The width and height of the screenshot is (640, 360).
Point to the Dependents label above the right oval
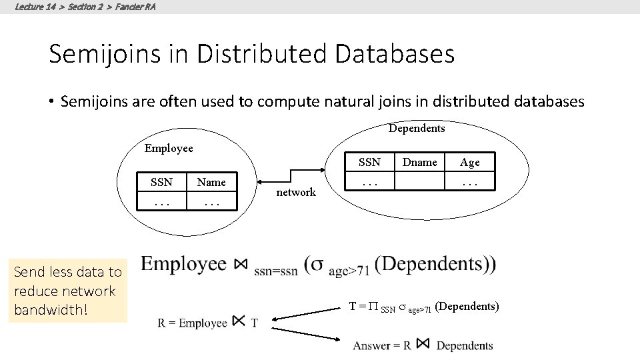pos(417,128)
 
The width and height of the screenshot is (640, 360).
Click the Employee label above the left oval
pos(169,148)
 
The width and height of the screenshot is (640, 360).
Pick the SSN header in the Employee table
pos(161,182)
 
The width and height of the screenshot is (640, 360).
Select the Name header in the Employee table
pos(211,182)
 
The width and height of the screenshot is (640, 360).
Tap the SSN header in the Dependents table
pos(369,162)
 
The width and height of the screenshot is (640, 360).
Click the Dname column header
pos(420,162)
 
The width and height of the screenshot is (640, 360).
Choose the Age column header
pos(469,162)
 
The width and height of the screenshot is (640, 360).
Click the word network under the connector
pos(296,193)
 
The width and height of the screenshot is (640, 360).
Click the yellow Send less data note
pos(67,291)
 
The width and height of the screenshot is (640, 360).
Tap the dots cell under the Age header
pos(469,181)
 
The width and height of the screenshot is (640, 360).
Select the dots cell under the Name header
pos(211,201)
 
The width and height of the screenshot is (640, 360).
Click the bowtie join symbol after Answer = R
pos(422,344)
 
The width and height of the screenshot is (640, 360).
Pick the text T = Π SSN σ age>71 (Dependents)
pos(424,307)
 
